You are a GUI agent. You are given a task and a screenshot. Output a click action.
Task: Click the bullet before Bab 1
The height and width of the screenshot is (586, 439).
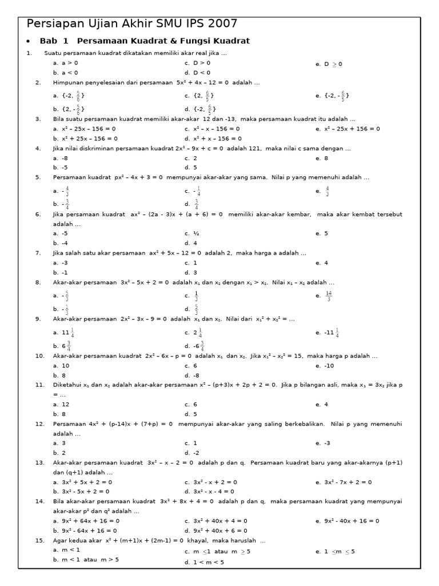[x=29, y=42]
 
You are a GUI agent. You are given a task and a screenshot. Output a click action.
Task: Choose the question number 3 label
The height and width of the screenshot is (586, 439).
[x=38, y=119]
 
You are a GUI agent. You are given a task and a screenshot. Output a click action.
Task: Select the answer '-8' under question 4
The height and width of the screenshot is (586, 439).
[x=64, y=158]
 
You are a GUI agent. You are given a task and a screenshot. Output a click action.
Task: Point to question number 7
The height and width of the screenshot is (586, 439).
[x=38, y=253]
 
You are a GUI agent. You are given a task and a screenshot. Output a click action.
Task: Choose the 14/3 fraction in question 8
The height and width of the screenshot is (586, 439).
[x=329, y=295]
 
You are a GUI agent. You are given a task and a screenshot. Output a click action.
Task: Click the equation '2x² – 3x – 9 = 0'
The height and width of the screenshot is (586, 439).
[x=146, y=319]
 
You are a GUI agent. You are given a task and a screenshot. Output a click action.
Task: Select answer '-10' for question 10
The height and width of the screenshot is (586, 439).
[x=330, y=365]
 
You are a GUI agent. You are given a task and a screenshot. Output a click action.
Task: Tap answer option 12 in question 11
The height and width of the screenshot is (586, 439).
[x=65, y=404]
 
